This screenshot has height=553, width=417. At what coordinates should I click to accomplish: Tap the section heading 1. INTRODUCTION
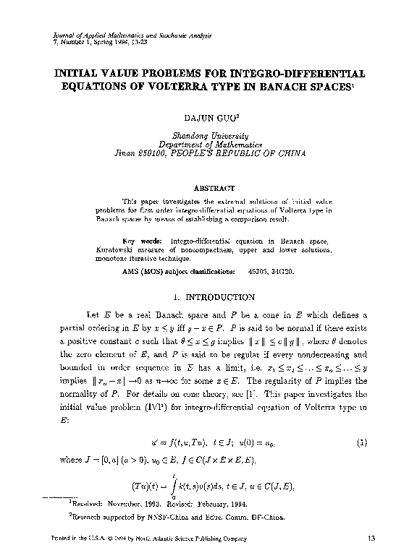click(x=209, y=296)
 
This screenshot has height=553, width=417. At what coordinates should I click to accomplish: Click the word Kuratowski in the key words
click(x=142, y=249)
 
